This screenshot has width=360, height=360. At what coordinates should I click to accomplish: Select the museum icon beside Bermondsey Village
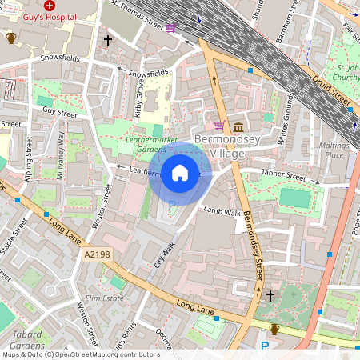click(238, 127)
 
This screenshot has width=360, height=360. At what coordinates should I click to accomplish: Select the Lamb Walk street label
click(222, 212)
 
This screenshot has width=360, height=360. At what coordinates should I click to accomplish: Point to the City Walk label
click(164, 255)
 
